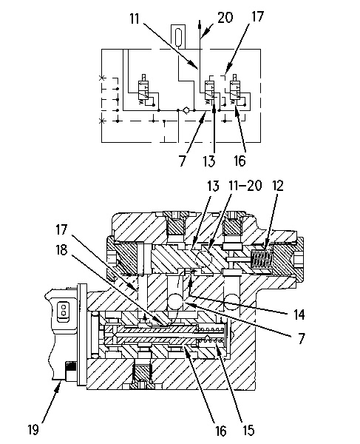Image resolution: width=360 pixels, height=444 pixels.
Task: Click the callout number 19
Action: click(x=33, y=429)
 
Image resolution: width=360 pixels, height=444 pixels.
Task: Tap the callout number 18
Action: click(x=62, y=250)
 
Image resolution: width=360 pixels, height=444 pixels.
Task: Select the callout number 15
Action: click(x=248, y=430)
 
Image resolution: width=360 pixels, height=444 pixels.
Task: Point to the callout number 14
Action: click(x=299, y=314)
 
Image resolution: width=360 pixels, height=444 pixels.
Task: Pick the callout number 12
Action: click(x=277, y=186)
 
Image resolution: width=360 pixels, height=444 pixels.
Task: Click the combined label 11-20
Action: click(x=245, y=186)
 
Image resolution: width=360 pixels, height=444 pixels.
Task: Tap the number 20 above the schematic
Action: click(x=225, y=18)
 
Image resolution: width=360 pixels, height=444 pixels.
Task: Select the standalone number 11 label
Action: click(x=135, y=18)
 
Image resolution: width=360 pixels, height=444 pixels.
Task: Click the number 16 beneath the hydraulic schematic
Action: click(x=240, y=161)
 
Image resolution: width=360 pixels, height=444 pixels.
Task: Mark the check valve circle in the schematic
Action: click(x=186, y=110)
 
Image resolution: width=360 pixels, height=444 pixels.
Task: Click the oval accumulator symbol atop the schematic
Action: click(x=178, y=36)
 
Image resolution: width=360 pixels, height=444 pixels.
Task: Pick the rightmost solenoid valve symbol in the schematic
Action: click(x=235, y=90)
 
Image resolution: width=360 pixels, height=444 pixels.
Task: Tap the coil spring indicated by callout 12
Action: click(x=262, y=260)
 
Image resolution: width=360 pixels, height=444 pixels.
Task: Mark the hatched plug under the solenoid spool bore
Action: click(x=142, y=371)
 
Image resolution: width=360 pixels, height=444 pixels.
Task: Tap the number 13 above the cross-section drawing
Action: click(x=214, y=186)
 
